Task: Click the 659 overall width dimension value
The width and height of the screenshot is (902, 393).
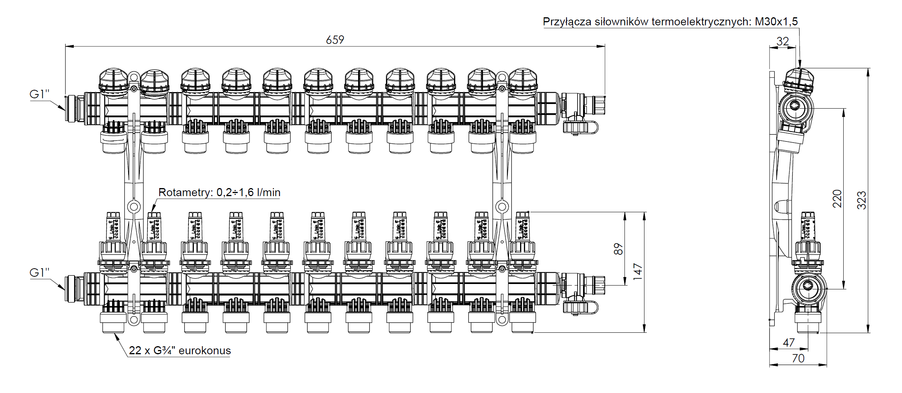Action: pyautogui.click(x=335, y=40)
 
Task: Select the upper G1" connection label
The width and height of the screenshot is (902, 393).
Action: pyautogui.click(x=40, y=94)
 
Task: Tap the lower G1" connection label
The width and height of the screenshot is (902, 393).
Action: pyautogui.click(x=40, y=272)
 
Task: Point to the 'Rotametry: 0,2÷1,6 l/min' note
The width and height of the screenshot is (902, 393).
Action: pyautogui.click(x=219, y=192)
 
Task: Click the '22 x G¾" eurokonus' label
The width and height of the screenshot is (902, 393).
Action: pyautogui.click(x=180, y=350)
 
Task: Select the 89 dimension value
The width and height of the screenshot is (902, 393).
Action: pyautogui.click(x=618, y=249)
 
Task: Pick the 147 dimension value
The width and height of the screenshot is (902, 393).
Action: pyautogui.click(x=638, y=271)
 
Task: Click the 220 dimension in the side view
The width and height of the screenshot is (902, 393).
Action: pyautogui.click(x=837, y=198)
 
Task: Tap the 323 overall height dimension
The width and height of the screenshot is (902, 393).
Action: pyautogui.click(x=862, y=200)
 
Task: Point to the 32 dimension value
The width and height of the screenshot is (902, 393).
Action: pyautogui.click(x=783, y=41)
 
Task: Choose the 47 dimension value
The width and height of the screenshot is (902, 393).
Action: pyautogui.click(x=789, y=342)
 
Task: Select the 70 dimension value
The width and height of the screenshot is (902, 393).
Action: pyautogui.click(x=798, y=358)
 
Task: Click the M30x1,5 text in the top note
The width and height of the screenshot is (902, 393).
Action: pyautogui.click(x=776, y=21)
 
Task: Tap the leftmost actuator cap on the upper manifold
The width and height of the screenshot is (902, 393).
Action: pyautogui.click(x=113, y=81)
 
